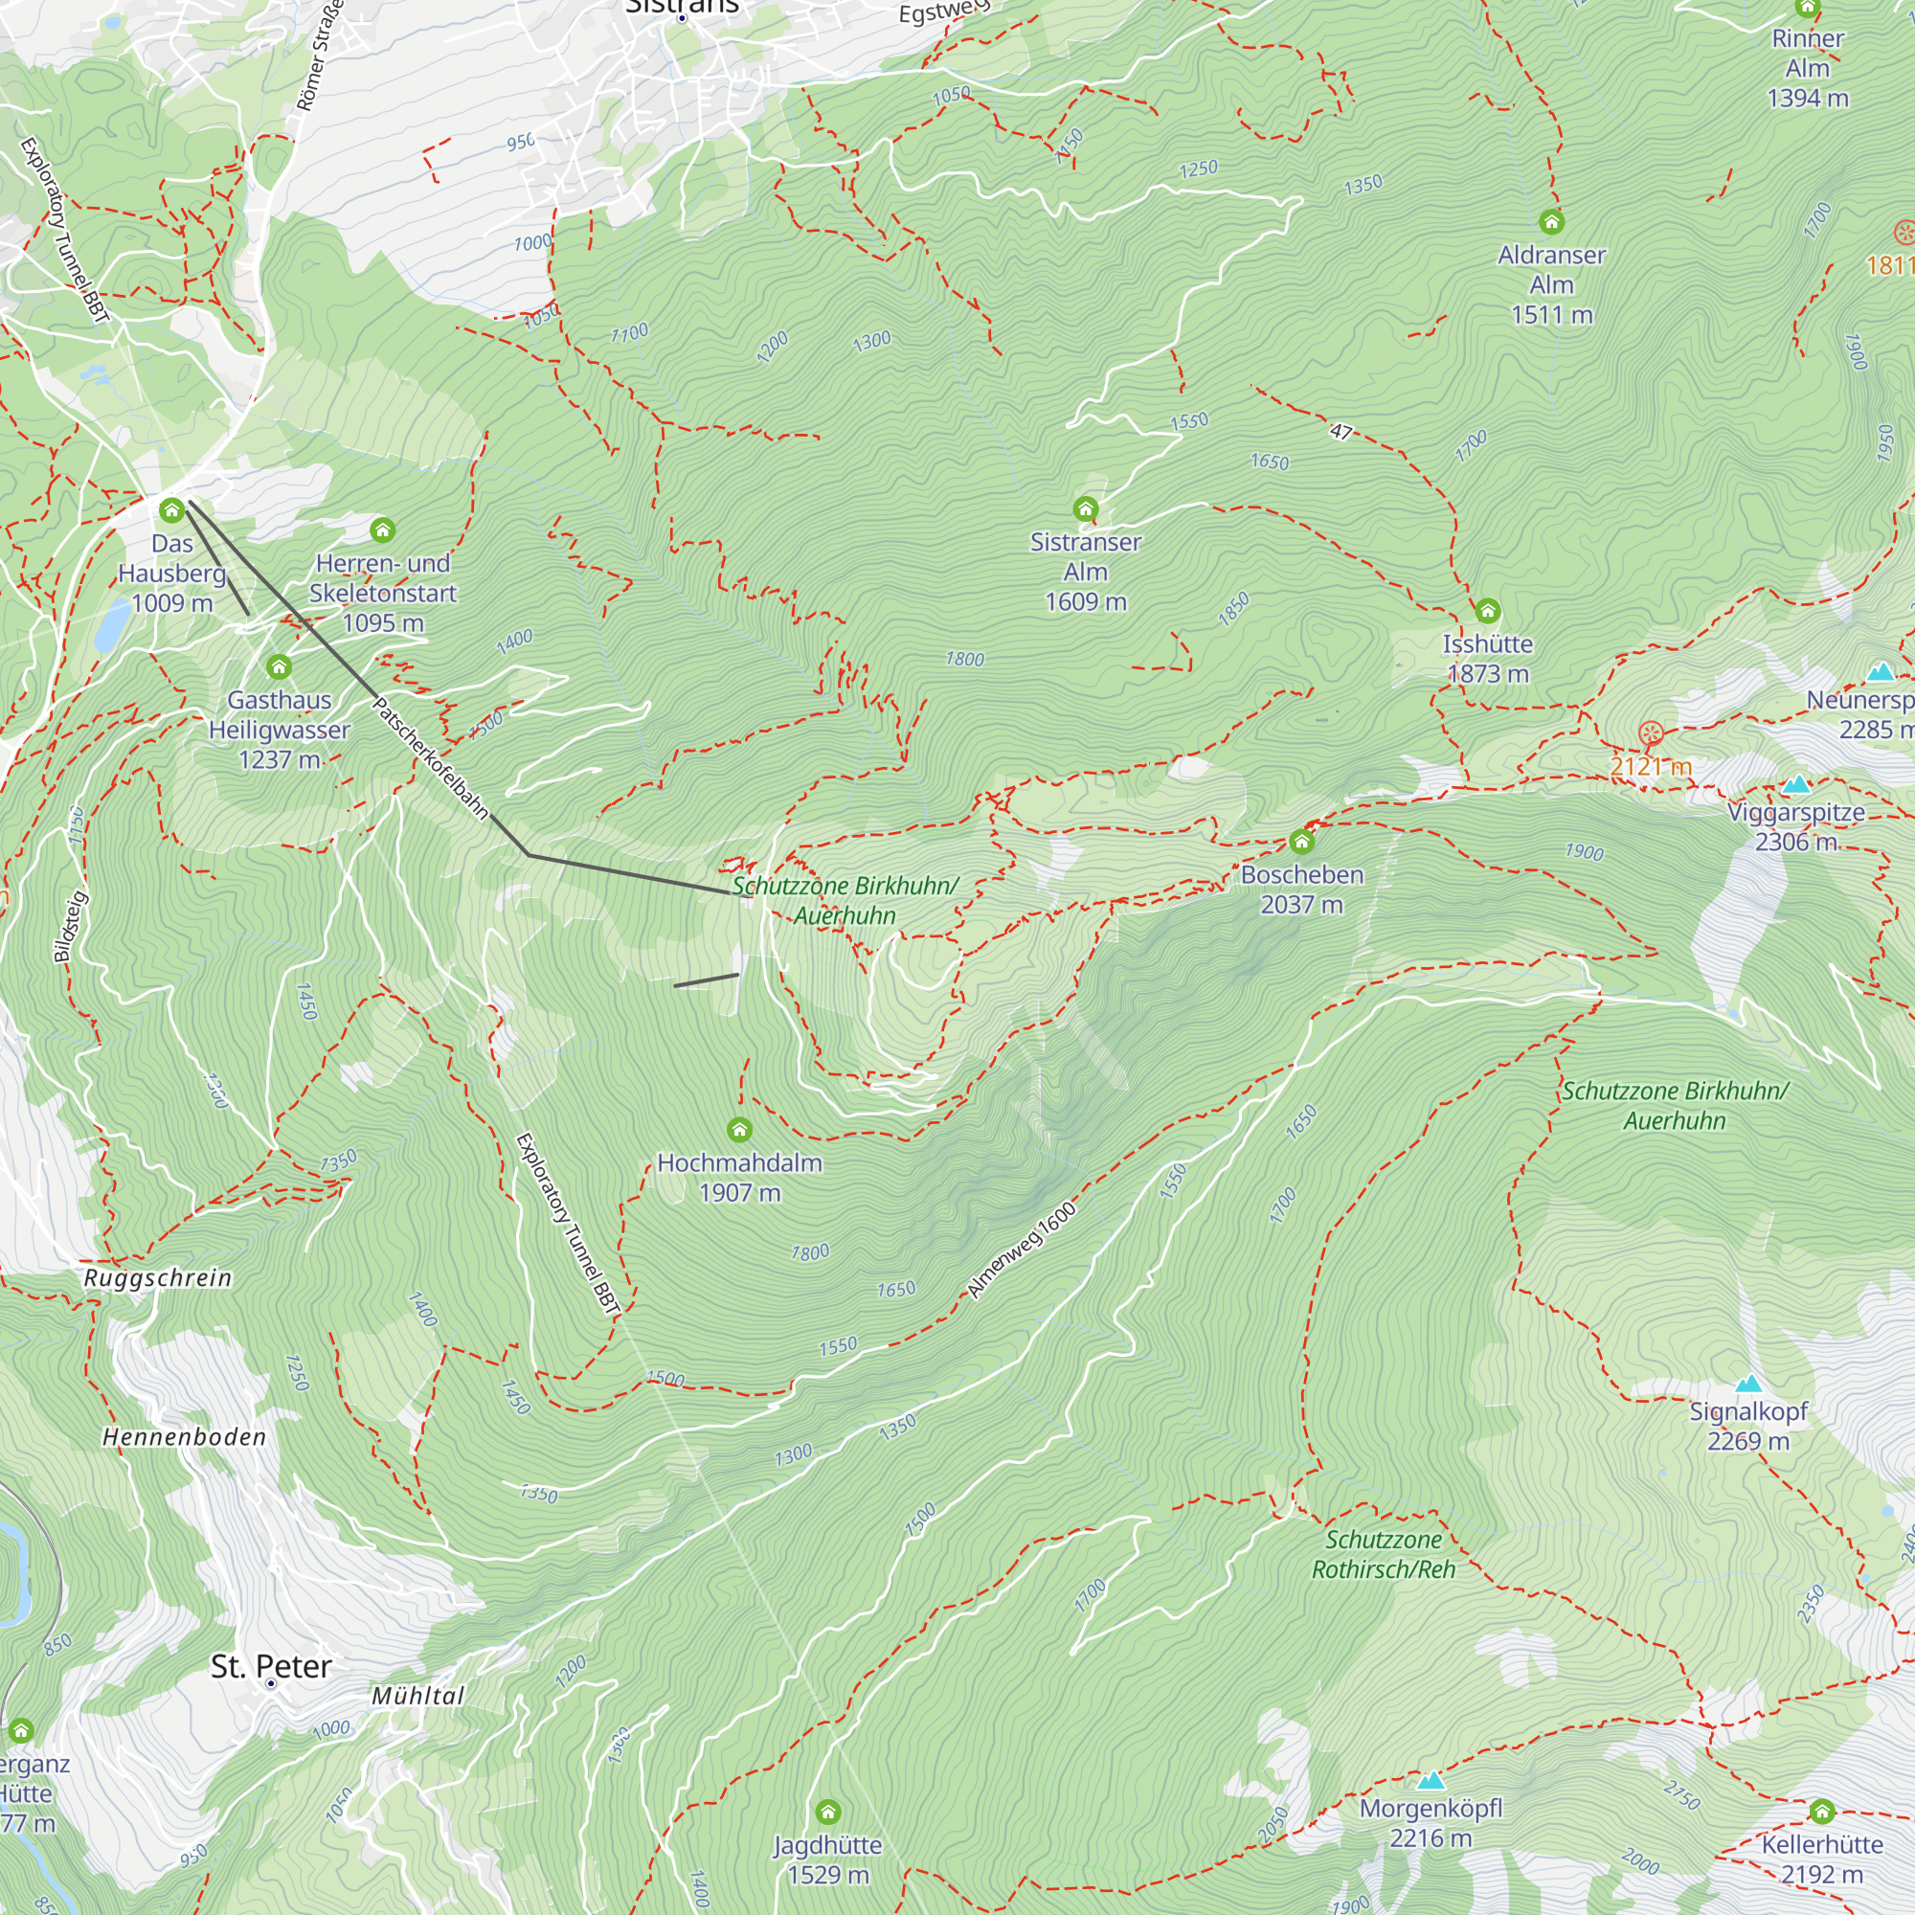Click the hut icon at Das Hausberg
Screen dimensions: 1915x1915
click(171, 510)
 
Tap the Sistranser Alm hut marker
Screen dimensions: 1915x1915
click(1086, 509)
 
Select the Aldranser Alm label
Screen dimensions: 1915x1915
click(1551, 284)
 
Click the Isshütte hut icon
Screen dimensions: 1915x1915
click(1487, 611)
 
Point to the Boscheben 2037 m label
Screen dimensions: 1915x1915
click(1301, 890)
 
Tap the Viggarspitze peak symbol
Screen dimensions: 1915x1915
click(1796, 785)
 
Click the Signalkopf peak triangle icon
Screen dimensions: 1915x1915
click(1748, 1384)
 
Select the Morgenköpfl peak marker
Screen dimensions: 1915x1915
click(1431, 1781)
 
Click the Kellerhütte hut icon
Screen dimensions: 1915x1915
click(1822, 1812)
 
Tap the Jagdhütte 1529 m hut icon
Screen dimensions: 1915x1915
click(827, 1813)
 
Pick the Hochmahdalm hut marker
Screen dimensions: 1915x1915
click(738, 1130)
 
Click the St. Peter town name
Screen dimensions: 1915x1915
click(271, 1666)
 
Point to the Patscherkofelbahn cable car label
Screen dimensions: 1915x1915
click(430, 758)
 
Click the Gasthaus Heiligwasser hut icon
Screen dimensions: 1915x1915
click(279, 666)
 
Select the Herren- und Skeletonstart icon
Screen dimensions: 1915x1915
click(383, 530)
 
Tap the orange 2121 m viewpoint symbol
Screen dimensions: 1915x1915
click(1651, 733)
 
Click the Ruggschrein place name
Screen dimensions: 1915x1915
click(158, 1278)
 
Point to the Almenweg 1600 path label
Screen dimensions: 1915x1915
click(1022, 1250)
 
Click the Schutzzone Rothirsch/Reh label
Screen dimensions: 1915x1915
click(1383, 1554)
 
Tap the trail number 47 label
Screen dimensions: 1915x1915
click(1340, 431)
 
